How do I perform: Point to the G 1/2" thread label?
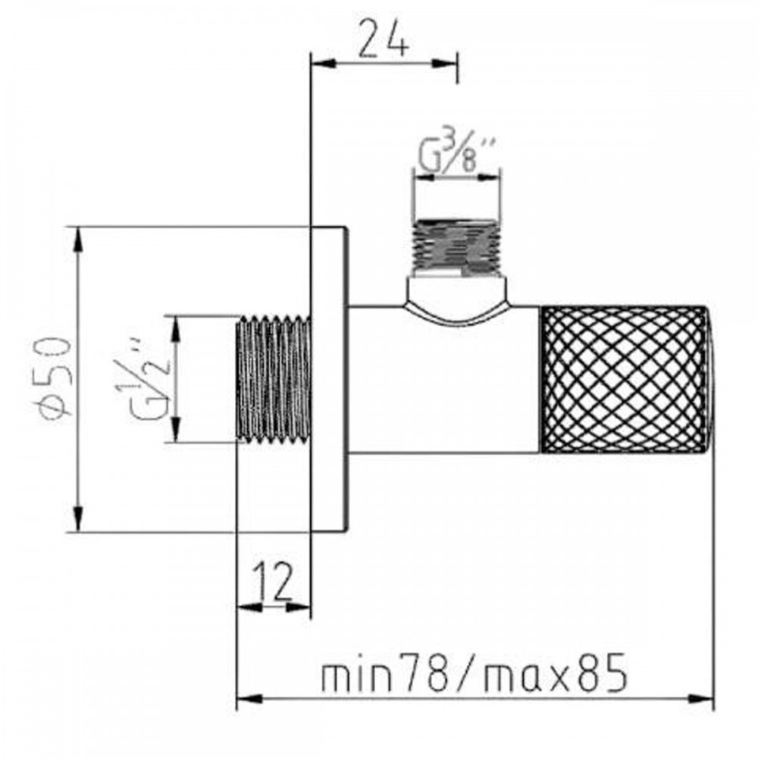tap(143, 382)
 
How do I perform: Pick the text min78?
tap(384, 673)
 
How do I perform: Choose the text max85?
tap(556, 673)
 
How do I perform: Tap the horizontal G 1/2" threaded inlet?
tap(274, 380)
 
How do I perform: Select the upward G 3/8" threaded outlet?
tap(456, 248)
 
